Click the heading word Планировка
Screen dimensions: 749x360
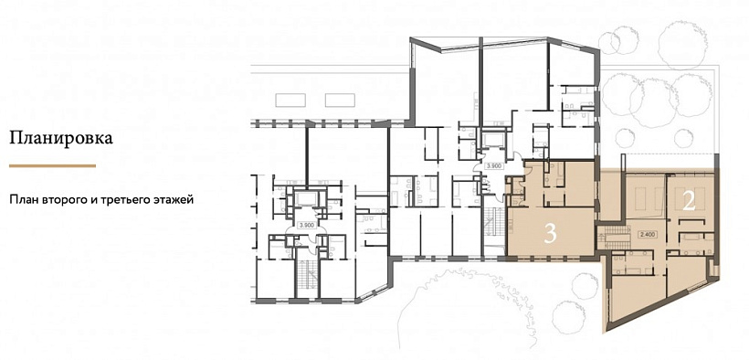click(x=61, y=139)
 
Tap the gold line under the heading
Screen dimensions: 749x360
click(x=53, y=166)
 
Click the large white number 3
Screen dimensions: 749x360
click(x=550, y=234)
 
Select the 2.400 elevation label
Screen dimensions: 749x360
click(x=646, y=234)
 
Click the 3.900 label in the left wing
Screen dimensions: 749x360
click(x=306, y=224)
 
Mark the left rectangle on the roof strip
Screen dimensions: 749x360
click(x=290, y=100)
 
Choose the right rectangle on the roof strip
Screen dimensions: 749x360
click(x=340, y=100)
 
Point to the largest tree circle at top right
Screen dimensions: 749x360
click(x=680, y=37)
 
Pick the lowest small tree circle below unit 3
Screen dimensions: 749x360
click(x=570, y=313)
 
